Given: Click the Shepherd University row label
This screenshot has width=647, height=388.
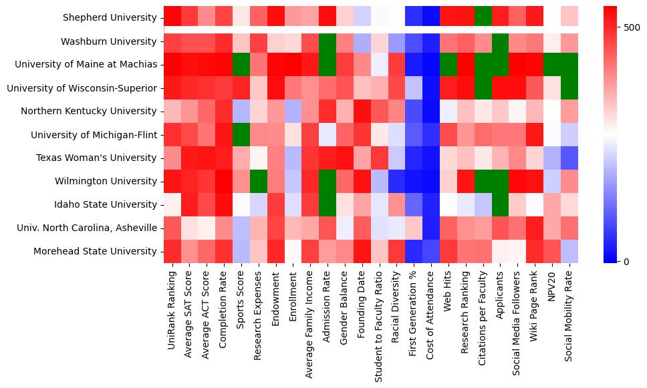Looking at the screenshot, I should click(110, 18).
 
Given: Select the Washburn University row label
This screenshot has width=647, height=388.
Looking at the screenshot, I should click(108, 41).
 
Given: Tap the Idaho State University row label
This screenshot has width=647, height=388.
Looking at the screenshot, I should click(107, 204).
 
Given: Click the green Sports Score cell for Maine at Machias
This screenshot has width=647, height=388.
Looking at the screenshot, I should click(241, 65).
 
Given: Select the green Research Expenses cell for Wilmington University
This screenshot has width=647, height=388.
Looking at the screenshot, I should click(258, 181).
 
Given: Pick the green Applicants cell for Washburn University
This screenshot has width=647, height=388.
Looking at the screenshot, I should click(501, 41).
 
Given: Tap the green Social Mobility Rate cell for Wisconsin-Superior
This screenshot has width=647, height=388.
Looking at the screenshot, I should click(570, 88).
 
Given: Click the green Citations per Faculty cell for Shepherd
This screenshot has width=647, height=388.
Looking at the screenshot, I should click(483, 18).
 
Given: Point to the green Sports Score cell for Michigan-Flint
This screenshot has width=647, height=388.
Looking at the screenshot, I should click(241, 135).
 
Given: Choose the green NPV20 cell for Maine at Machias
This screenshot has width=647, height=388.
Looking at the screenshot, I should click(553, 65).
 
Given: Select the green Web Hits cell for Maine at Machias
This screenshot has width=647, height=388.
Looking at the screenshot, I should click(448, 65).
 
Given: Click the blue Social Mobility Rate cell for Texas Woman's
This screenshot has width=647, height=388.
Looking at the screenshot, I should click(570, 158).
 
